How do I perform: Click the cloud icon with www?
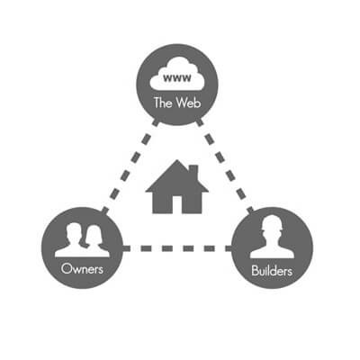tap(177, 74)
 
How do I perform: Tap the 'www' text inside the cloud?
tap(177, 78)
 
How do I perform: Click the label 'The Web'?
tap(177, 103)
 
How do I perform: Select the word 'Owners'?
tap(82, 268)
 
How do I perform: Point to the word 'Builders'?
tap(272, 271)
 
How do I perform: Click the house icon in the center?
tap(177, 186)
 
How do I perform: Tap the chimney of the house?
tap(193, 172)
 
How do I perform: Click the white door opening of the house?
tap(177, 205)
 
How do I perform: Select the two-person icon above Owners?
tap(82, 240)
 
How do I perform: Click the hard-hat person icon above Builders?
tap(272, 237)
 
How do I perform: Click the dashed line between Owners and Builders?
tap(177, 248)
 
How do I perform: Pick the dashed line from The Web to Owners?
tap(130, 166)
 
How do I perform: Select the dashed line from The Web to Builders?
tap(225, 166)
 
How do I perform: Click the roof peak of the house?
tap(177, 160)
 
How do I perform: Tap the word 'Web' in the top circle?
tap(188, 103)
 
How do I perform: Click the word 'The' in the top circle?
tap(163, 103)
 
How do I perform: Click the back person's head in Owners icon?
tap(74, 232)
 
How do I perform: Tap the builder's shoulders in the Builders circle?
tap(272, 253)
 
